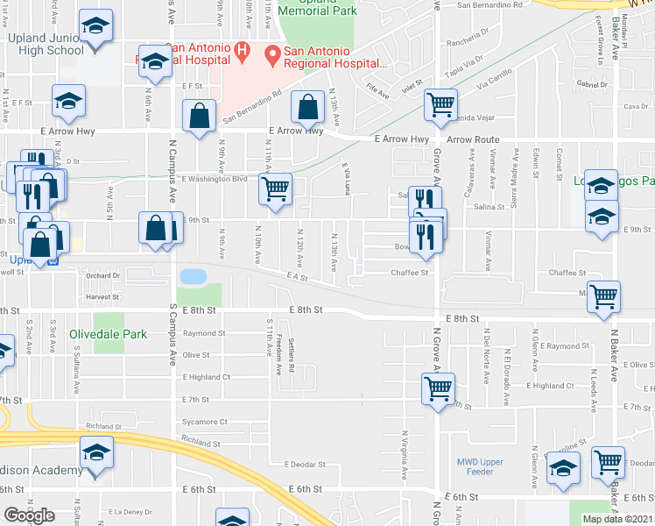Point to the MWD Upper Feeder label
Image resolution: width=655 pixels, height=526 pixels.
point(481,466)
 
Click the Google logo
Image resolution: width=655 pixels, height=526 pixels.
point(28,515)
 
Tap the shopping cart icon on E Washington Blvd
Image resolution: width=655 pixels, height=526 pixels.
point(276,189)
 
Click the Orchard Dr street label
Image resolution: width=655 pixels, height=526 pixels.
point(102,275)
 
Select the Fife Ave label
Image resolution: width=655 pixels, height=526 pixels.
point(377,89)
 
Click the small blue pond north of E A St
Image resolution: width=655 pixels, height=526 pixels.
point(192,276)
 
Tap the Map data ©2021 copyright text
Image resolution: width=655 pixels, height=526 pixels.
point(616,519)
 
